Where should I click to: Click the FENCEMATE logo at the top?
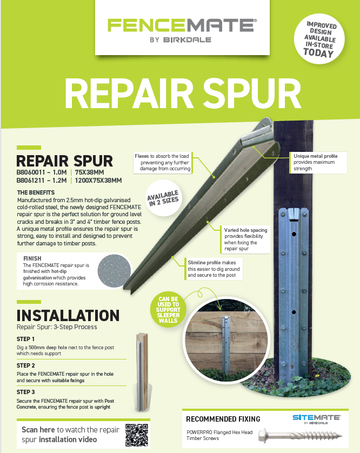pos(182,30)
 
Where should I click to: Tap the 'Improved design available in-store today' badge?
pos(319,39)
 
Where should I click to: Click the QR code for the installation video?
pos(137,435)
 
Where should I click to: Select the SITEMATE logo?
pos(316,419)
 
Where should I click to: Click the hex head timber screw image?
pos(301,435)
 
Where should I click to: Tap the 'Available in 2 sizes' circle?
pos(164,198)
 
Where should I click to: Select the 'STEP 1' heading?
pos(25,339)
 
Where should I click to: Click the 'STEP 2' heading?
pos(26,365)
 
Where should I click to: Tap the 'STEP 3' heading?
pos(26,392)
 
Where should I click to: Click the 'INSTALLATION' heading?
pos(68,316)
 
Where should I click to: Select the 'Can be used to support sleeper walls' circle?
pos(168,310)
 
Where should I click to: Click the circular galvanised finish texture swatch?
pos(114,271)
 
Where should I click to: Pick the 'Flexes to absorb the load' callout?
pos(162,162)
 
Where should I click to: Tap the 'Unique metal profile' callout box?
pos(318,162)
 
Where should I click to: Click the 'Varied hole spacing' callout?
pos(245,239)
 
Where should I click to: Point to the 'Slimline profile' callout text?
pos(214,269)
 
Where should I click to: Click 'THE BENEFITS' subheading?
pos(36,192)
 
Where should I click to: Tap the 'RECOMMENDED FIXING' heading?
pos(223,419)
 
